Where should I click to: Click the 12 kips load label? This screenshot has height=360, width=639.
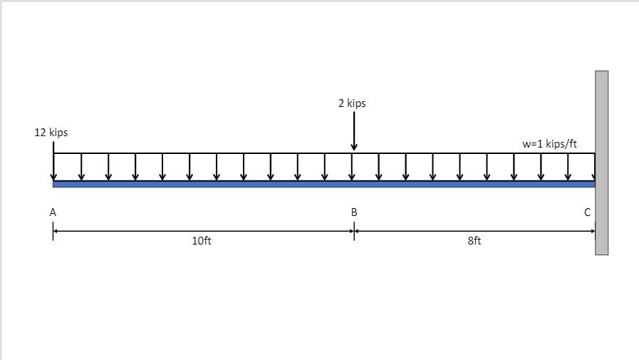coord(51,133)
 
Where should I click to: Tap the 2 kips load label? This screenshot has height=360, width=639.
coord(352,103)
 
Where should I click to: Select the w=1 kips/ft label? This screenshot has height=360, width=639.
coord(549,144)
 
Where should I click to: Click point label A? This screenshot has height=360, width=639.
coord(53,212)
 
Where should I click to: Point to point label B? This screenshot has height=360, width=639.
coord(354,212)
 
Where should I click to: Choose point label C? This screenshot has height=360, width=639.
coord(588,212)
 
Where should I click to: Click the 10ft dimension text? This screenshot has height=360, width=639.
coord(202,241)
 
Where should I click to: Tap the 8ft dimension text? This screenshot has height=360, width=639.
coord(474,241)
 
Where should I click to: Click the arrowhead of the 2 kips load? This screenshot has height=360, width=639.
coord(354,148)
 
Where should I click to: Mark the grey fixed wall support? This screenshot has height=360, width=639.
coord(602,163)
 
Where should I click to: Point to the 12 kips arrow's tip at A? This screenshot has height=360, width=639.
coord(53,178)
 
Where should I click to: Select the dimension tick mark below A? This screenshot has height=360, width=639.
coord(53,231)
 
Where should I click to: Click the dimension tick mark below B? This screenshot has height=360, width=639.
coord(354,231)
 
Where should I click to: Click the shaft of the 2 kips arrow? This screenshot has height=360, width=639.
coord(354,128)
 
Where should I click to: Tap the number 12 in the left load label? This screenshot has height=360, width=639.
coord(40,133)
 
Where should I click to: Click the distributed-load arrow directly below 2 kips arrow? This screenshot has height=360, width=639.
coord(352,168)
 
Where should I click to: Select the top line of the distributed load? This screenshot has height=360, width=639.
coord(214,153)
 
